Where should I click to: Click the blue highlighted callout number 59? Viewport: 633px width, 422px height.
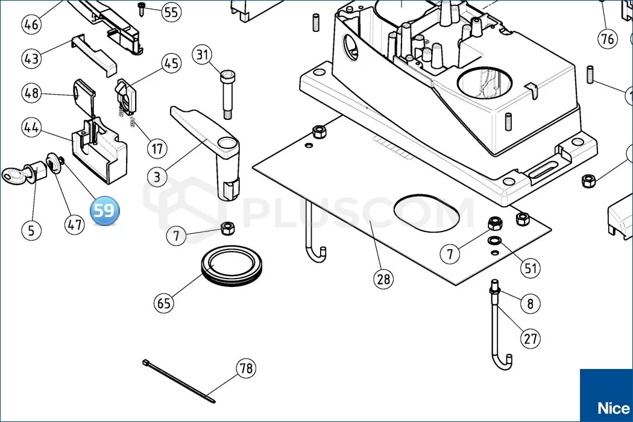[x=104, y=211]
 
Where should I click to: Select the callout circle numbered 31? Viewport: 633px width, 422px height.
[x=203, y=55]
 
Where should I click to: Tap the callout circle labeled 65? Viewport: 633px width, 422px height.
[x=165, y=303]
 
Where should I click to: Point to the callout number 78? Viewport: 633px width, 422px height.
[x=245, y=368]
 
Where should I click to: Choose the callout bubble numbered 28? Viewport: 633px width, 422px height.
[x=383, y=279]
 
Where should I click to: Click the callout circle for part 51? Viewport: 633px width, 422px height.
[x=531, y=268]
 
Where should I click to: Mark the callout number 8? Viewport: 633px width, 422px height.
[x=530, y=303]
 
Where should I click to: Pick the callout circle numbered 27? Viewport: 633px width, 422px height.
[x=531, y=338]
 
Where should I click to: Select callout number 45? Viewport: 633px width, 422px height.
[x=172, y=63]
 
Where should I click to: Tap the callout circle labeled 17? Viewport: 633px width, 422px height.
[x=157, y=148]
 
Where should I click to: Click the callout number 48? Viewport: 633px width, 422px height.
[x=32, y=93]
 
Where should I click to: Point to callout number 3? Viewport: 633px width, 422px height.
[x=157, y=177]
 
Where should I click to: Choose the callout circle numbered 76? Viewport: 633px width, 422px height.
[x=607, y=39]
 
